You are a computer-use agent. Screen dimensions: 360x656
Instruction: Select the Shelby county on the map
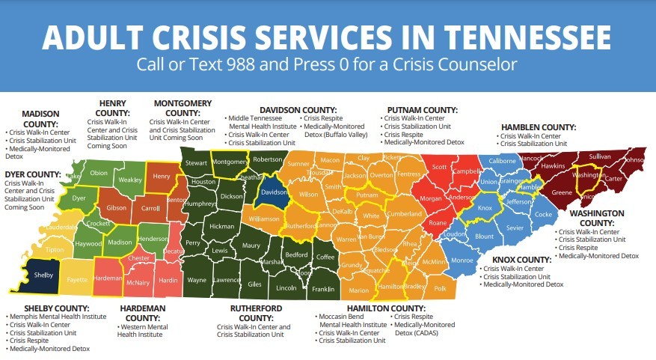point(43,275)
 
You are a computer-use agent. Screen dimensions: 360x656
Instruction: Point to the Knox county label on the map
point(485,208)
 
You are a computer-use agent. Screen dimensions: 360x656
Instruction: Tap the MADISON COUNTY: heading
point(30,118)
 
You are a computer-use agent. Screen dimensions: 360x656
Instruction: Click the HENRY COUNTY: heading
point(111,108)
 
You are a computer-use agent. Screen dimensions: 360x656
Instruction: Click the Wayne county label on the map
point(197,280)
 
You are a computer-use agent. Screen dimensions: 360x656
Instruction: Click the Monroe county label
point(462,260)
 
